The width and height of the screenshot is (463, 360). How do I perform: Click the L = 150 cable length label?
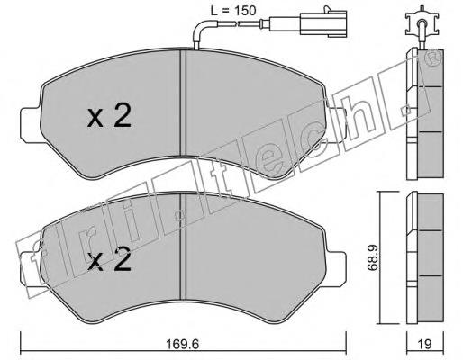tap(233, 11)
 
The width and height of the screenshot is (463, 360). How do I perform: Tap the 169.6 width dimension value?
tap(183, 344)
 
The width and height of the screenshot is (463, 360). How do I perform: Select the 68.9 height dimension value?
tap(373, 257)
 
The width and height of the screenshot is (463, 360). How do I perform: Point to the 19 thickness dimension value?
tap(425, 344)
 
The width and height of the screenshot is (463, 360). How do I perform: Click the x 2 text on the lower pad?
tap(109, 260)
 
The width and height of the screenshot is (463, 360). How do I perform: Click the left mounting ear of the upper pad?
tap(30, 125)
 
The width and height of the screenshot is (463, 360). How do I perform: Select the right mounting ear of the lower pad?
tap(336, 269)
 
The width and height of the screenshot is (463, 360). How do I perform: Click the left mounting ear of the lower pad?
tap(30, 269)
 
